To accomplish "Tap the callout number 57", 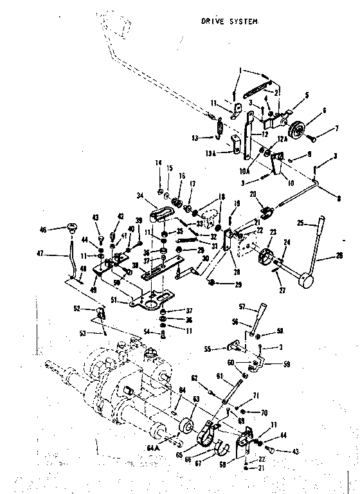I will [242, 307].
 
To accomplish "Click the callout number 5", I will [307, 95].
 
